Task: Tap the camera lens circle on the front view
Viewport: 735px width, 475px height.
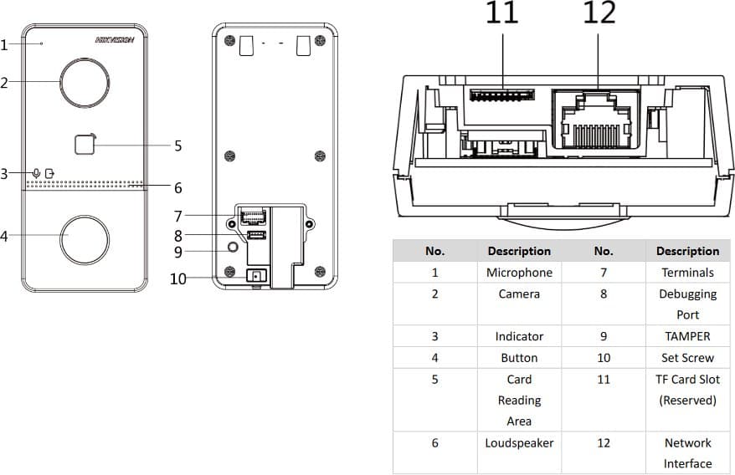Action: (84, 83)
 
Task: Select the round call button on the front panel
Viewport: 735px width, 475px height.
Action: (84, 238)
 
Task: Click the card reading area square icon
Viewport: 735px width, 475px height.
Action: (85, 145)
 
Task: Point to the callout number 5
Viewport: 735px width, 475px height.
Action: (177, 146)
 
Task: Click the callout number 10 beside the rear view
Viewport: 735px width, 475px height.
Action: (177, 278)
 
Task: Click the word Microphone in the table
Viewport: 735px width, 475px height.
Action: (519, 273)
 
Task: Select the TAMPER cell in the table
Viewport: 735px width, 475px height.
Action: (687, 336)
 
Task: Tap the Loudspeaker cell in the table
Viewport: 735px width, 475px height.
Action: (519, 443)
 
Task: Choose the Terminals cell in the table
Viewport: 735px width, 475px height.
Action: (687, 273)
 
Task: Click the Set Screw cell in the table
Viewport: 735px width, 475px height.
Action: (687, 358)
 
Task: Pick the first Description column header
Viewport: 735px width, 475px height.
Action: (519, 251)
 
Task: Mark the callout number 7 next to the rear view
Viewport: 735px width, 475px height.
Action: (177, 217)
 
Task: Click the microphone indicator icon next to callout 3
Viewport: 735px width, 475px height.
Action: (36, 173)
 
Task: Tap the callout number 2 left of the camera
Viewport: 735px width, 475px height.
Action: (4, 83)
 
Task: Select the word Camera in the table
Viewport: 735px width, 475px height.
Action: (519, 294)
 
